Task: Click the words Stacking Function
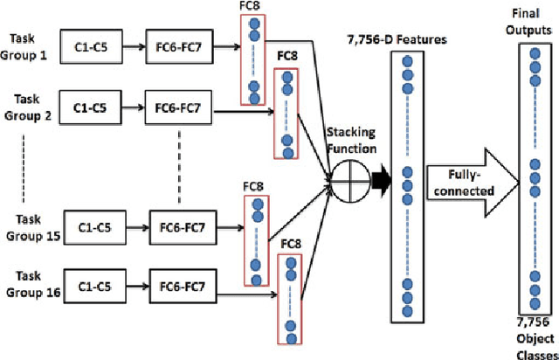(351, 140)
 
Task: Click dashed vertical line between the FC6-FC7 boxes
(180, 163)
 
